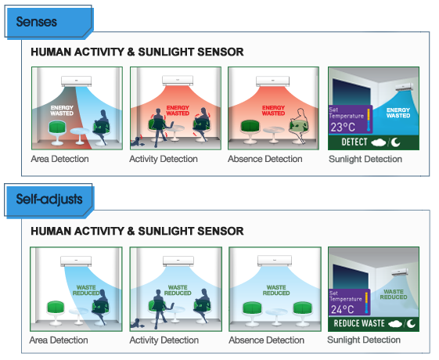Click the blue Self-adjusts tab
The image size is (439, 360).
(49, 200)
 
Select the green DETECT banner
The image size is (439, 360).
(372, 142)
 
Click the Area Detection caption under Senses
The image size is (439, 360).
(60, 160)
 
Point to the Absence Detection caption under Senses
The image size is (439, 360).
(265, 160)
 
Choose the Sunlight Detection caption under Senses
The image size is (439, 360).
(365, 160)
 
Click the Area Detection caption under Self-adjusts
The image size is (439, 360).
(59, 340)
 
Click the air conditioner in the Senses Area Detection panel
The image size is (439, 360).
(77, 80)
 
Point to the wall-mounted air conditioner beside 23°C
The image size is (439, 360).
(405, 88)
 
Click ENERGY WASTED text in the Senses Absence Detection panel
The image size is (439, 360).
(273, 110)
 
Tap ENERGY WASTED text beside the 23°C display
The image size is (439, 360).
(398, 113)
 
